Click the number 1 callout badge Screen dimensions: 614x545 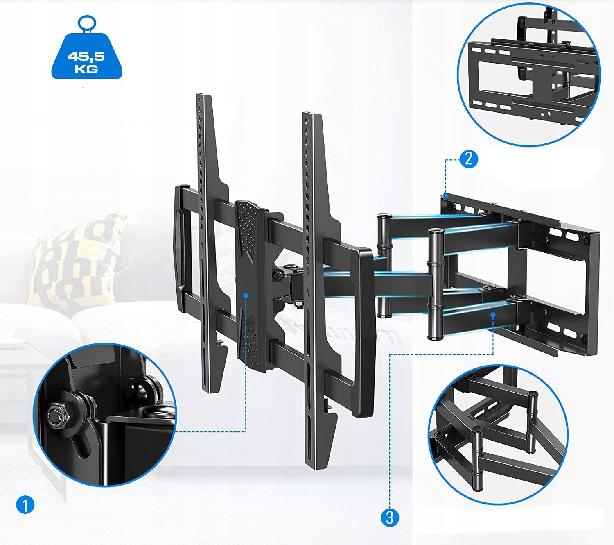pos(25,505)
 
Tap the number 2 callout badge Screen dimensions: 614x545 pos(469,159)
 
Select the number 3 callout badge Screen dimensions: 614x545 pos(390,518)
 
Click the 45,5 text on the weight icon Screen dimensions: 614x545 pos(86,57)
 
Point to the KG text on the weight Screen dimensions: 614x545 pos(86,69)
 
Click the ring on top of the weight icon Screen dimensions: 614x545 pos(87,23)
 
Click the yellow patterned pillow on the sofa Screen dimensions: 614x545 pos(77,261)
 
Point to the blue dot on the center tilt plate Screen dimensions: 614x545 pos(246,295)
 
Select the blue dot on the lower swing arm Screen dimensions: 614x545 pos(493,315)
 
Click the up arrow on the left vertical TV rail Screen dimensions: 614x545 pos(202,245)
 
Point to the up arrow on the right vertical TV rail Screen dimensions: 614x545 pos(308,293)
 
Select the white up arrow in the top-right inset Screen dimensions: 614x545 pos(549,114)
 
